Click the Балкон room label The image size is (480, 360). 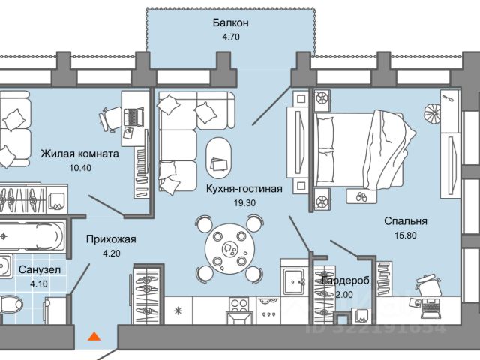[229, 23]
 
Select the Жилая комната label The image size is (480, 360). [79, 154]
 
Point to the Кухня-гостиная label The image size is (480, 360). [244, 189]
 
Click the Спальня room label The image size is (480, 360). [405, 221]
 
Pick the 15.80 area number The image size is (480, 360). [405, 235]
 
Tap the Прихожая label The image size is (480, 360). [111, 239]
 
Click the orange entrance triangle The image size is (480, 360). [94, 336]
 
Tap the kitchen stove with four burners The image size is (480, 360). [239, 306]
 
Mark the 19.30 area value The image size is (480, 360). [244, 202]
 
